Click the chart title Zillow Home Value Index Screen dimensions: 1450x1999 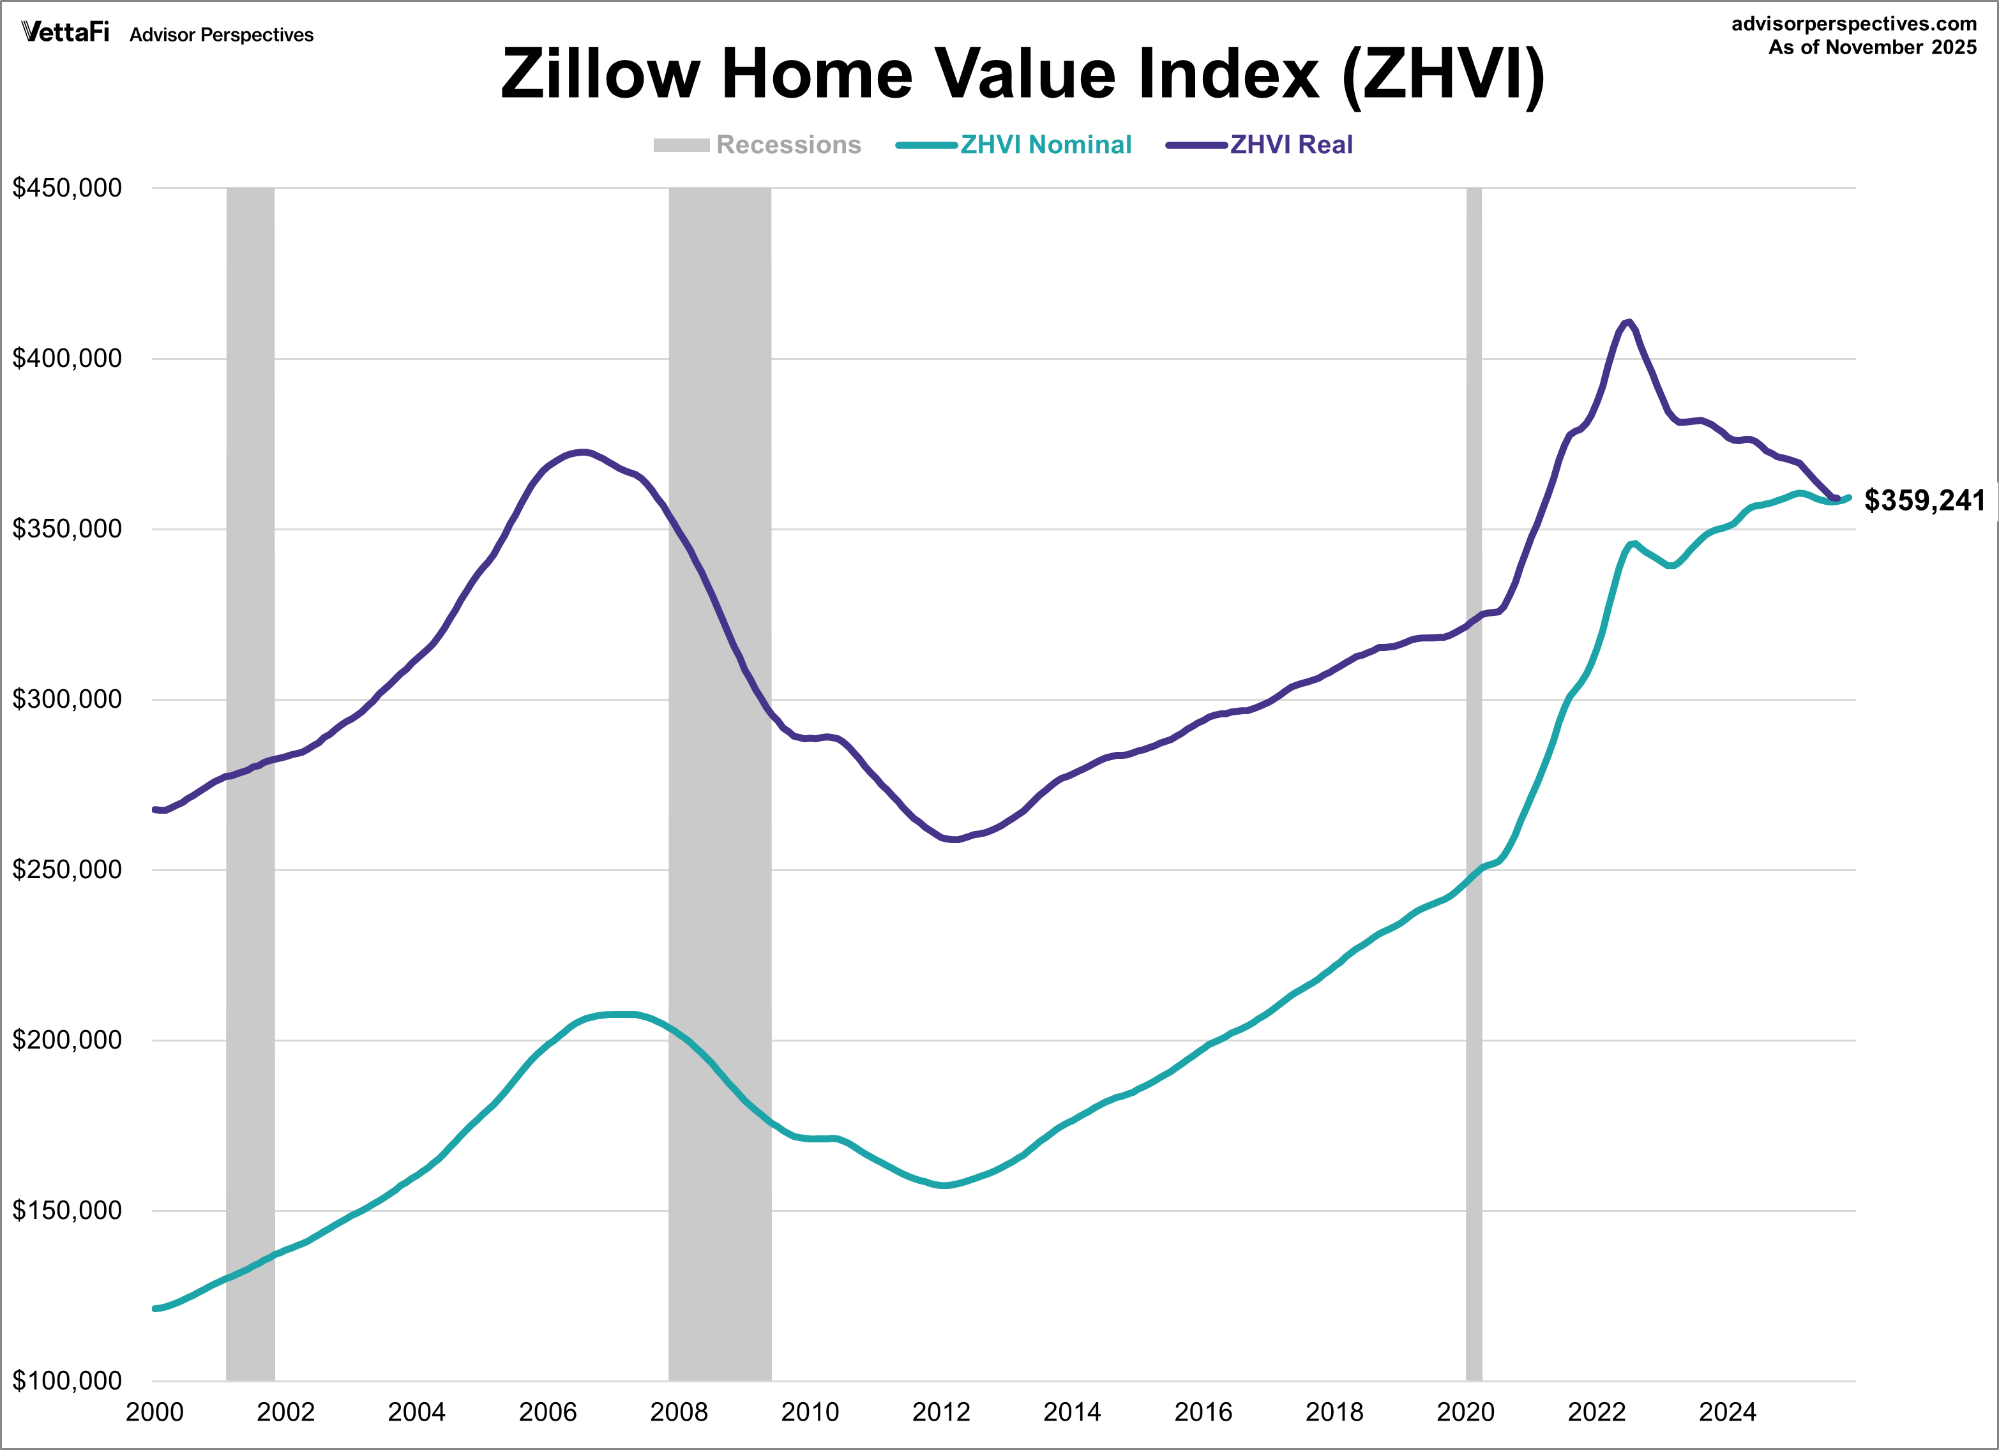point(1022,74)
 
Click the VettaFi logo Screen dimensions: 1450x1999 point(65,33)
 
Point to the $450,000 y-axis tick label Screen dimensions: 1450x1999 point(67,188)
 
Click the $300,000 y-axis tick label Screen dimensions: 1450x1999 point(67,699)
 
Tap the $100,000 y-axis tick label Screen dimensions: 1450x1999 point(67,1380)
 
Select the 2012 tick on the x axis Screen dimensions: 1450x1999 point(940,1413)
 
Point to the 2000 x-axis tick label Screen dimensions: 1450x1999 point(155,1413)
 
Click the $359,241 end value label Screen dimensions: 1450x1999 point(1924,500)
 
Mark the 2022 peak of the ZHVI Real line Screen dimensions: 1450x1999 point(1628,322)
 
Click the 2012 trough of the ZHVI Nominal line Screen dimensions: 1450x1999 point(945,1185)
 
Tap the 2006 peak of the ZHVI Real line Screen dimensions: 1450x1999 point(582,452)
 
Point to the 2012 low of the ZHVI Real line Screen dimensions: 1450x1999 point(955,839)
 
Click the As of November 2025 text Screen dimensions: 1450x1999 point(1872,48)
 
